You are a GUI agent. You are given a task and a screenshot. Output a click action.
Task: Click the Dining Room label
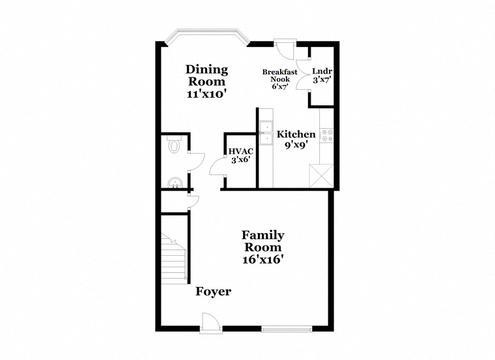tap(206, 76)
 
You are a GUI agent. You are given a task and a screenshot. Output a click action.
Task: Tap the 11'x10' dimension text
tap(206, 94)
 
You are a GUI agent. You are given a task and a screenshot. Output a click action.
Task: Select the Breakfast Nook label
tap(279, 76)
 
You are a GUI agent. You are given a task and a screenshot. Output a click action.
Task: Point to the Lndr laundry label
tap(322, 72)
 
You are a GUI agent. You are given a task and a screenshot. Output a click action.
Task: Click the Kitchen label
tap(296, 134)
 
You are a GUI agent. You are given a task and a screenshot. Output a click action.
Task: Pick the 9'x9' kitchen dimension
tap(296, 145)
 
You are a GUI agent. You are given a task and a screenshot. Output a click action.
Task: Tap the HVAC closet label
tap(241, 152)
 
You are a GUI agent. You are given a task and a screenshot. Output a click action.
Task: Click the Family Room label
tap(263, 241)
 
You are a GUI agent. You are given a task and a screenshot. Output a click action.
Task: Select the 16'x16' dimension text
tap(262, 259)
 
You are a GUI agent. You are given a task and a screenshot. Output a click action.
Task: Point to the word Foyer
tap(214, 292)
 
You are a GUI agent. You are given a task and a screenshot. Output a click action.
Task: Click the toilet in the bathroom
tap(174, 145)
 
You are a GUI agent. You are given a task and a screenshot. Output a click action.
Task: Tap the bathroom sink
tap(175, 183)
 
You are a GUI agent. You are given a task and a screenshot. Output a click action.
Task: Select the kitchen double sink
tap(266, 133)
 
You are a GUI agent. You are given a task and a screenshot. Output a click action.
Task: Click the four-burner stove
tap(326, 135)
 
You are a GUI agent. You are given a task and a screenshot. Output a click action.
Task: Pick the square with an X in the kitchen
tap(321, 176)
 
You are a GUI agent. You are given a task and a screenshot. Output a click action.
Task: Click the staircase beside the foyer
tap(174, 258)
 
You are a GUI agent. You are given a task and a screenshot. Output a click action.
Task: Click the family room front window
tap(287, 329)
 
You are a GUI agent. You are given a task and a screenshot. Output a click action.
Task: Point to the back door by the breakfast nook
tap(285, 49)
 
